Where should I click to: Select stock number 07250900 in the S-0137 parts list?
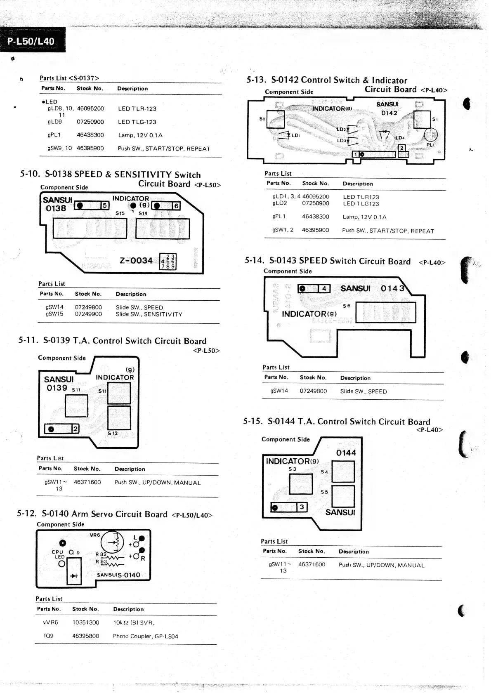click(90, 122)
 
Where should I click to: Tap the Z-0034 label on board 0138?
click(136, 261)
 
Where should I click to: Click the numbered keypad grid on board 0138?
click(168, 262)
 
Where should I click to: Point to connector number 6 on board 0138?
click(176, 206)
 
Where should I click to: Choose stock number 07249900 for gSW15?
click(88, 314)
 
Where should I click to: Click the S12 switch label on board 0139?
click(112, 434)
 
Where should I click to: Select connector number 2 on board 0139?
click(75, 429)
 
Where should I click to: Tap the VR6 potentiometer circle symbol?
click(112, 542)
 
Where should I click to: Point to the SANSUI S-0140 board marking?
click(118, 575)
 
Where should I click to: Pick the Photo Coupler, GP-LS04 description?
click(145, 636)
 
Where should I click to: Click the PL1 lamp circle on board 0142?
click(431, 135)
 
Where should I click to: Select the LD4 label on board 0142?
click(400, 138)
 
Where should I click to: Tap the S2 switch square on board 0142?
click(276, 120)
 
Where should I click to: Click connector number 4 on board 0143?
click(324, 289)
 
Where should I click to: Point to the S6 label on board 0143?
click(347, 306)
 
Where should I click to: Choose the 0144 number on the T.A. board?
click(346, 453)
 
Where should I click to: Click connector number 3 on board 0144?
click(302, 507)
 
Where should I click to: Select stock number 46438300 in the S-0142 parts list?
click(315, 217)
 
